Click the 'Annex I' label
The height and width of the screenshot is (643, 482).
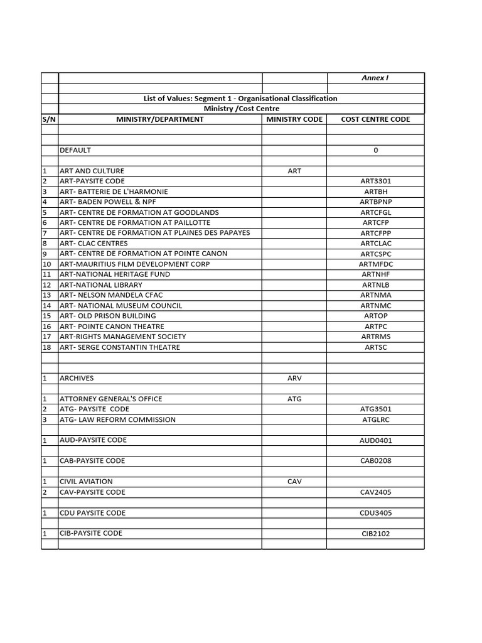(375, 78)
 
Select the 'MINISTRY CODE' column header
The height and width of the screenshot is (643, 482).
(294, 119)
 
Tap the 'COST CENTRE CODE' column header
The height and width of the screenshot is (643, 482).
(375, 119)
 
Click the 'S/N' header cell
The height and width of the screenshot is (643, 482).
(50, 119)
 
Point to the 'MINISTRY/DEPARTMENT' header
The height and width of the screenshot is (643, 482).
(159, 119)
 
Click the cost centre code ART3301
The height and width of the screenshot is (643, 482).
(376, 181)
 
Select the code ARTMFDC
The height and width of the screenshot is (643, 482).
(376, 264)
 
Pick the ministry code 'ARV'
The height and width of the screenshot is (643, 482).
(294, 379)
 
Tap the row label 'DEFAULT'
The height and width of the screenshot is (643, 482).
(75, 150)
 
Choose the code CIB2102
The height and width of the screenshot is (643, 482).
(376, 534)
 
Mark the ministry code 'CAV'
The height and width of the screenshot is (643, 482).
(294, 482)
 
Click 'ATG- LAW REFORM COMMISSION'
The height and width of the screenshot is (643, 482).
(117, 419)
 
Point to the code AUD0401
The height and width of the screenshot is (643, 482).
(376, 441)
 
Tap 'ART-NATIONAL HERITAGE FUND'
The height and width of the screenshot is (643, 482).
(114, 274)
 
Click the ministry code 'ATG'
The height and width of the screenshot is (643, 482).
(294, 399)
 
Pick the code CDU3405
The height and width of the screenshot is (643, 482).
(376, 513)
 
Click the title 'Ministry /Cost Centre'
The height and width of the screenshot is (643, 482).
(241, 109)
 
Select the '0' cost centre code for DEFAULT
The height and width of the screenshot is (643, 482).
(376, 151)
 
